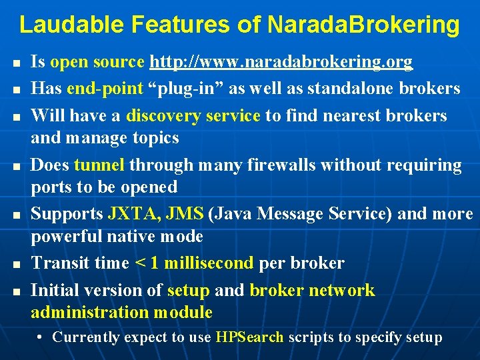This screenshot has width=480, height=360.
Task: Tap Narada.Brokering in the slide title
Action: pos(363,25)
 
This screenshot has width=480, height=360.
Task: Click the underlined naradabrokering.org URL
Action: pos(281,63)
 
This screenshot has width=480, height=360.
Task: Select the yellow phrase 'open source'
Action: pos(97,63)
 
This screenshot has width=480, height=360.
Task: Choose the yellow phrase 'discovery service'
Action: pos(193,115)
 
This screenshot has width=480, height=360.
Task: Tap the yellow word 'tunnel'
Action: pos(99,165)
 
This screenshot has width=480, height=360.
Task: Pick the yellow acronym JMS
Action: pos(185,214)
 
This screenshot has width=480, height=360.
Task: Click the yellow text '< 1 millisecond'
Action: pos(194,263)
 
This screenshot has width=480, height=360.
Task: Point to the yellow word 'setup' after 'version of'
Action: pos(189,290)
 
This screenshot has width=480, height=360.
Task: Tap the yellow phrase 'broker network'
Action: pos(312,290)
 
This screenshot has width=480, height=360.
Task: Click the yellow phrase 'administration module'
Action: pos(121,312)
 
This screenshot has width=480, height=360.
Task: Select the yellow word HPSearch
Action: pos(250,337)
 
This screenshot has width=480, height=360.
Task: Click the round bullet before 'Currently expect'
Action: pos(41,338)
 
